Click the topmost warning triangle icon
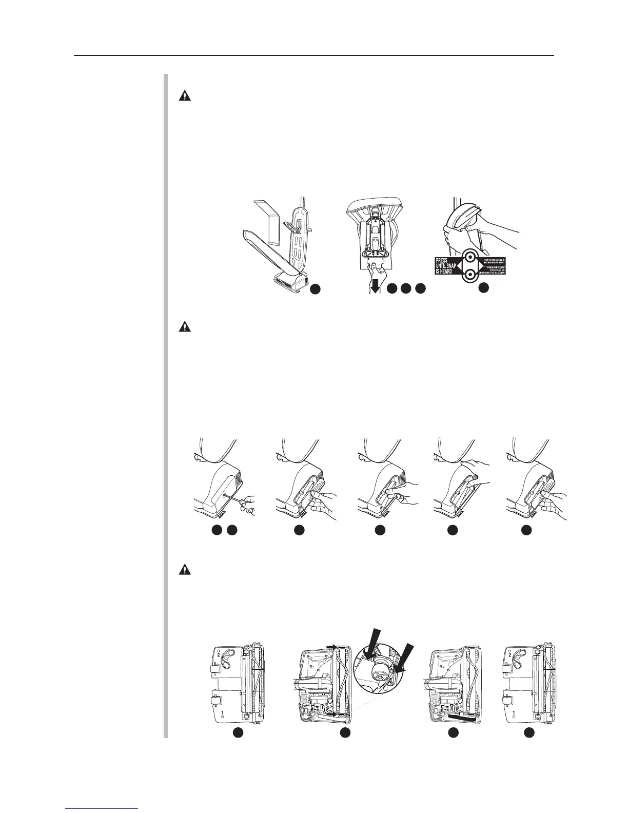click(x=184, y=95)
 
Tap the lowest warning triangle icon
click(x=184, y=569)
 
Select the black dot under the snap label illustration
click(x=482, y=289)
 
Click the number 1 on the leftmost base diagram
click(x=223, y=714)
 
